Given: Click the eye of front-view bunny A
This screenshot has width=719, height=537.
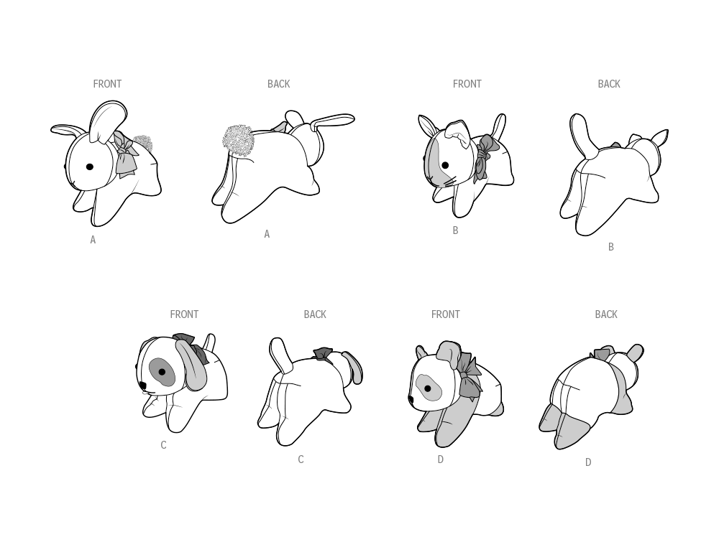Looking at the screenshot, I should point(90,167).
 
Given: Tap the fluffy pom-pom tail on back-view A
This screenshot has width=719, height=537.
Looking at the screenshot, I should point(238,141).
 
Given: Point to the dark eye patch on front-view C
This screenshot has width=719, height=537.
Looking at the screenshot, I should point(162,372).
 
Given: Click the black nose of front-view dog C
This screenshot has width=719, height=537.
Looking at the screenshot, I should point(142,386).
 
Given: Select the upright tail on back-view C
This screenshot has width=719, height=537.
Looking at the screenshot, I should point(280,355).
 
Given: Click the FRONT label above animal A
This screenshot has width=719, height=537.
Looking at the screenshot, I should point(107,84).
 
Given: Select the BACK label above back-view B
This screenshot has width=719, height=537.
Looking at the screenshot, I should point(609,84).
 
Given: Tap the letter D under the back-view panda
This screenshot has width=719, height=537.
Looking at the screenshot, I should point(588,463).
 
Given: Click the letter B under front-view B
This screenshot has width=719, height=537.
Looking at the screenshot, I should point(455,231).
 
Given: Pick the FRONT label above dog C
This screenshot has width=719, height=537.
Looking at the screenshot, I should point(184,314).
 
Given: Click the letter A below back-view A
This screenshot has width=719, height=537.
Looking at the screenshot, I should point(267,235).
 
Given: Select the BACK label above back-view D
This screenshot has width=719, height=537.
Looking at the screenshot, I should point(606,314).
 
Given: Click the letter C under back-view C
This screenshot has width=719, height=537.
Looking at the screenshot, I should point(301,460).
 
